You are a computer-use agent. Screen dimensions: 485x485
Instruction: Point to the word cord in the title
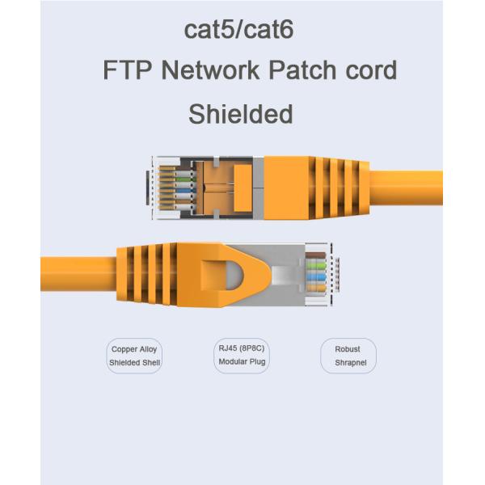coord(373,70)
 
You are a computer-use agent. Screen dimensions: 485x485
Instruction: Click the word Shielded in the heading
coord(240,114)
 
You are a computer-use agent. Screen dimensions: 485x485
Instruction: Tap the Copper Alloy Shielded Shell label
coord(134,356)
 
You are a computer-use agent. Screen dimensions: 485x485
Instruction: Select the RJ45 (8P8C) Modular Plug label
coord(242,355)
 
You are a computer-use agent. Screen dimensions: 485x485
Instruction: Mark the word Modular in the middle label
coord(232,362)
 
